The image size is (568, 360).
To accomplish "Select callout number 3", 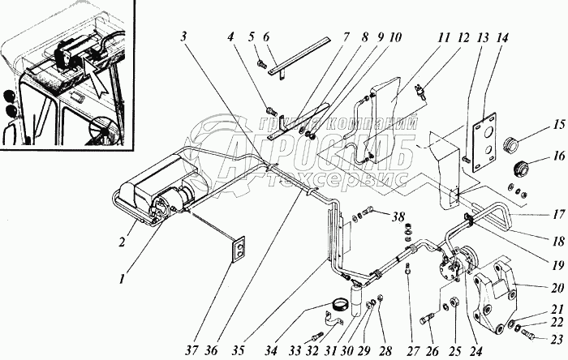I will click(x=186, y=38).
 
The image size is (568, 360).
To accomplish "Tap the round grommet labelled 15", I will click(x=513, y=146).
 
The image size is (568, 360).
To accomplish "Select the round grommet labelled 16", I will click(x=516, y=171).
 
